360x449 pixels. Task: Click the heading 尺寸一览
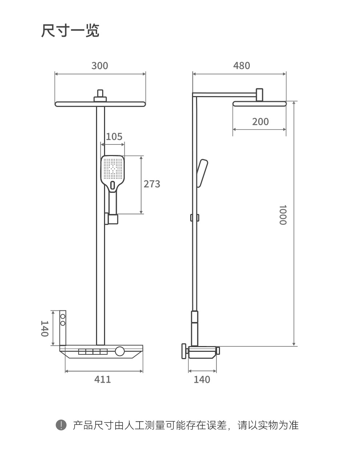(70, 31)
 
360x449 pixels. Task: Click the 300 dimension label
(100, 66)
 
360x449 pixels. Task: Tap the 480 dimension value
(241, 66)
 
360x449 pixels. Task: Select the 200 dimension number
(260, 122)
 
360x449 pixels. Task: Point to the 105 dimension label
(114, 137)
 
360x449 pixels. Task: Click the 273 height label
(152, 184)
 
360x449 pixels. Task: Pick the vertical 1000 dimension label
(283, 215)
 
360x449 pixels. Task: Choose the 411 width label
(103, 379)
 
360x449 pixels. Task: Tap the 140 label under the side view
(202, 380)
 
